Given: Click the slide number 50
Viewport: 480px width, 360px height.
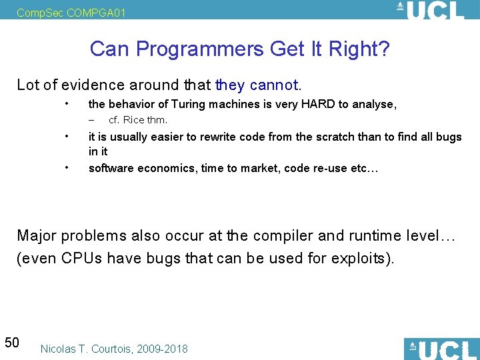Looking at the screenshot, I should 11,343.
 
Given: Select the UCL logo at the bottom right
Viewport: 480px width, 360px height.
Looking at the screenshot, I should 441,349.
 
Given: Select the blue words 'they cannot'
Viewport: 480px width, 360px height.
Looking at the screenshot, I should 256,85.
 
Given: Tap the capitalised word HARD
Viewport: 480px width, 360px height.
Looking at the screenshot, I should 321,104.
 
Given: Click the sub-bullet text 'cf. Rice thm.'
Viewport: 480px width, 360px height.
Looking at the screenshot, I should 138,120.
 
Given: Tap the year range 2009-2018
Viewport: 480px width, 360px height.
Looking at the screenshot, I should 163,349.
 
